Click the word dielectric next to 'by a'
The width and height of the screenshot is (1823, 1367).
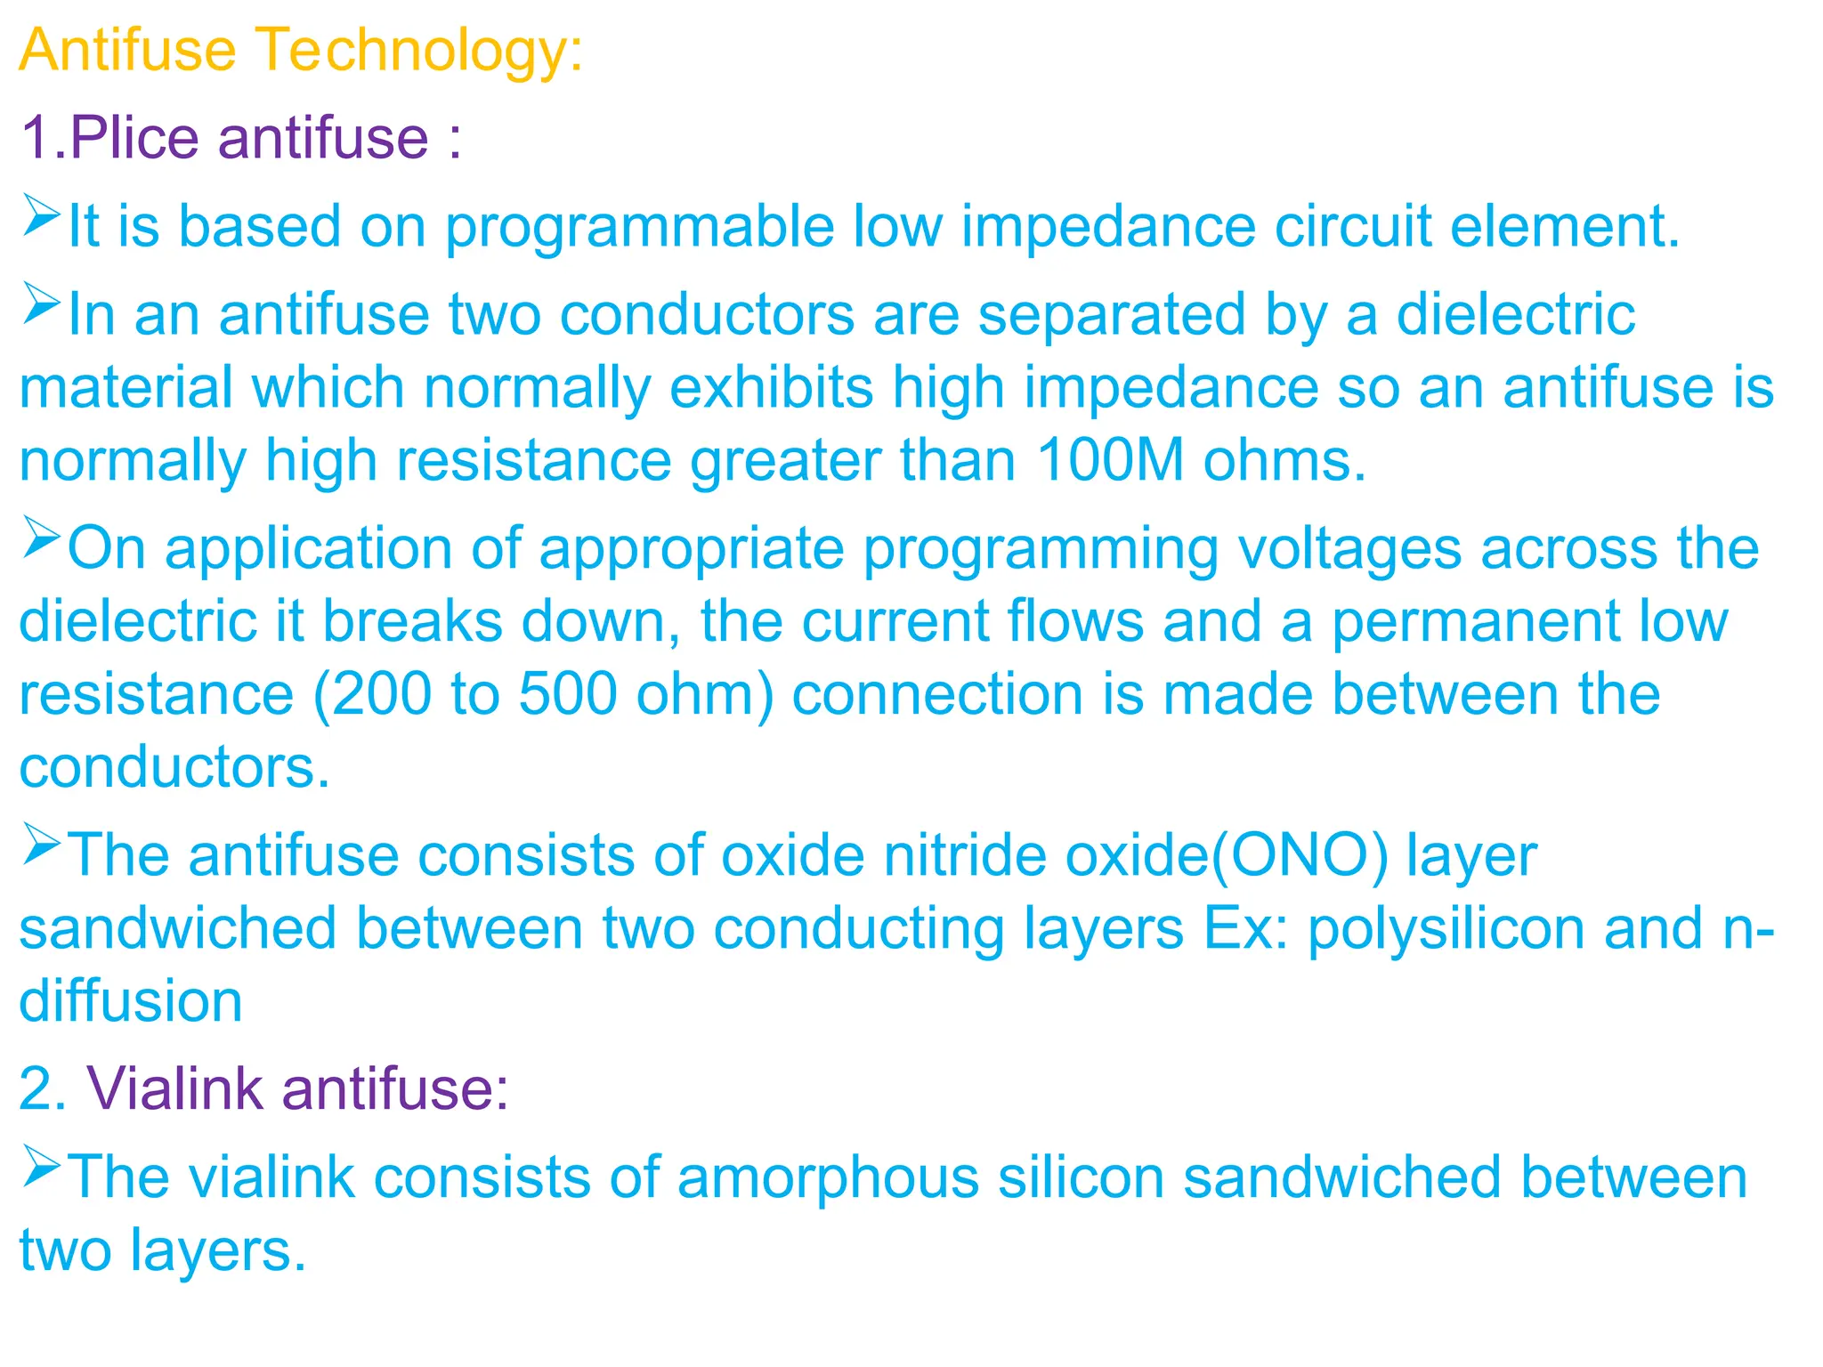coord(1515,316)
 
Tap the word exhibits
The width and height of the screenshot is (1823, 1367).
coord(771,389)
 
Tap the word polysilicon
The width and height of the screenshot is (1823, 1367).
coord(1446,929)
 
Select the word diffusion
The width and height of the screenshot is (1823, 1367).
coord(131,1002)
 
